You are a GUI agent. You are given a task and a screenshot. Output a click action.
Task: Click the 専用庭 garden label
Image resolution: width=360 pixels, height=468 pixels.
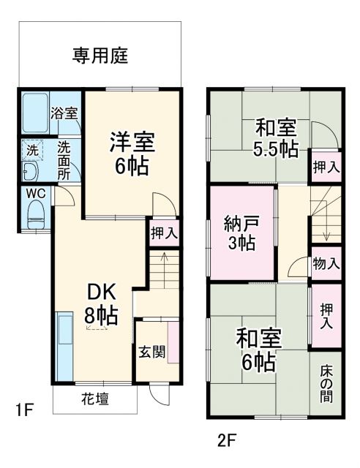tap(100, 56)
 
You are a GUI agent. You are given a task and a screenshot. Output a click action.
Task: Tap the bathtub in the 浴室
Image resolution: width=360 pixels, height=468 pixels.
tap(34, 113)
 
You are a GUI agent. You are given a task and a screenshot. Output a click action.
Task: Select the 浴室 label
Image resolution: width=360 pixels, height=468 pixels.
tap(65, 114)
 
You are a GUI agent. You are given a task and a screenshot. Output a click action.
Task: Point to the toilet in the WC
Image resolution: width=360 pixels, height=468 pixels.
tap(35, 215)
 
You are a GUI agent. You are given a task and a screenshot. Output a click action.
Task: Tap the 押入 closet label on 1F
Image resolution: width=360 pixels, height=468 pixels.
tap(164, 234)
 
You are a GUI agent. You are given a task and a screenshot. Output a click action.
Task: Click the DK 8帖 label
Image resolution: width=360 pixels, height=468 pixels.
tap(100, 303)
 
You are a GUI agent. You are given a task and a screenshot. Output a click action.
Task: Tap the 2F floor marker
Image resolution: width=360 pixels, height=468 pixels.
tap(228, 441)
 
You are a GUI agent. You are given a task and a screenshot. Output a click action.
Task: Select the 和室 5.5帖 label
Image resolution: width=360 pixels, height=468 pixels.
tap(276, 137)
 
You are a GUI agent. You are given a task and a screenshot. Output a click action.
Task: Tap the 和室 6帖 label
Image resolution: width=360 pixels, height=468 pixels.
tap(255, 350)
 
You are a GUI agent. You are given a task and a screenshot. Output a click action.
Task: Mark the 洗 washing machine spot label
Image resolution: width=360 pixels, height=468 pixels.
tap(32, 149)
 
